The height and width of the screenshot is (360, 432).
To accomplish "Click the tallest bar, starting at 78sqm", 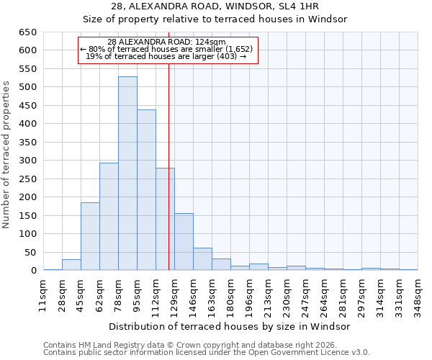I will tap(127, 174).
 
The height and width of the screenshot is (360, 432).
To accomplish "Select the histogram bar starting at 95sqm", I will tap(146, 190).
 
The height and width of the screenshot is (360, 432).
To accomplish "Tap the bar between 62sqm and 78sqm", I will tap(109, 217).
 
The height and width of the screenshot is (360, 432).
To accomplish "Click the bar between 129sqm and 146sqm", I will tap(184, 242).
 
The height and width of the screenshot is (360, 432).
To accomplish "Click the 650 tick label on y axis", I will tap(27, 32).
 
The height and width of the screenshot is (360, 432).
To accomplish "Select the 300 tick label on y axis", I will tap(27, 161).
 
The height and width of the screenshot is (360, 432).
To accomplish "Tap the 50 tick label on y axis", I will tap(30, 253).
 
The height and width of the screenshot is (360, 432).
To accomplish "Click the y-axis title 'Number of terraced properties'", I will tap(7, 155).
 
